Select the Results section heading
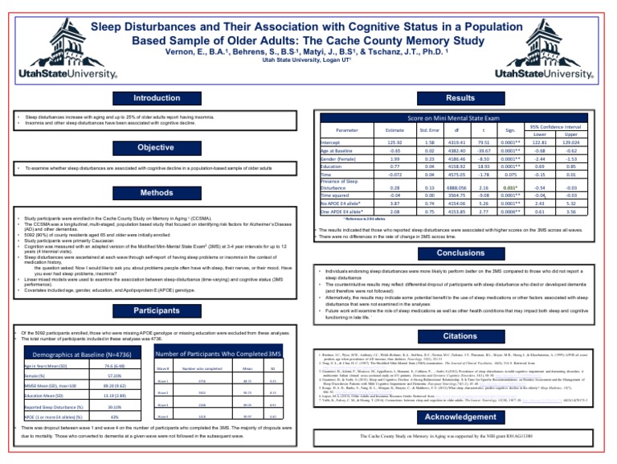(460, 98)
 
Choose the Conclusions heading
(460, 253)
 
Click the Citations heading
(460, 335)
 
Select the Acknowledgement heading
(460, 417)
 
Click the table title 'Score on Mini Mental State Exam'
(460, 119)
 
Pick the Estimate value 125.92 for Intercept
(394, 142)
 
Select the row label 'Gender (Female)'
(339, 158)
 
